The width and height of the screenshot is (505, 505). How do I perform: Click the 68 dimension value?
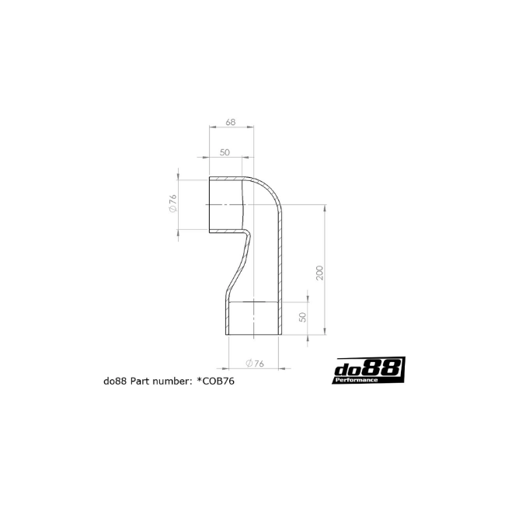click(x=231, y=123)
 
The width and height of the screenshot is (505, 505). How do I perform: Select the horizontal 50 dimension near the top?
click(x=225, y=152)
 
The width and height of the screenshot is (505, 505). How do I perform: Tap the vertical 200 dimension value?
click(x=319, y=273)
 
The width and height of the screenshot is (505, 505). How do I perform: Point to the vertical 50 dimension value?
click(x=303, y=317)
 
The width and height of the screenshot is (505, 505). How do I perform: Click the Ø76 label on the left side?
click(x=172, y=204)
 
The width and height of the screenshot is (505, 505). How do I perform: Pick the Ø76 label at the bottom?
click(x=255, y=364)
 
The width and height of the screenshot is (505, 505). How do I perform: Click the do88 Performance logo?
click(x=369, y=371)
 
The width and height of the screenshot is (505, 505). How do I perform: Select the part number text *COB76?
click(x=216, y=381)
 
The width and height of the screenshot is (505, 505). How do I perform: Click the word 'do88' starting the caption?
click(x=115, y=381)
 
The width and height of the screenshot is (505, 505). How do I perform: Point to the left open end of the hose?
click(x=210, y=204)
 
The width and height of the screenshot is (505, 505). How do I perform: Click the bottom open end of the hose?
click(x=254, y=334)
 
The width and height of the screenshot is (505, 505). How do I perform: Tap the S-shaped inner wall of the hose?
click(x=239, y=264)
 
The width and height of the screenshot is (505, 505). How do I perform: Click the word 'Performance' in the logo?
click(x=357, y=381)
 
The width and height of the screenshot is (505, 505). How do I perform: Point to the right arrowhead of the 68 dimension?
click(x=251, y=127)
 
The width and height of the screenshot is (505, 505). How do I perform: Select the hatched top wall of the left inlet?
click(x=226, y=178)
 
